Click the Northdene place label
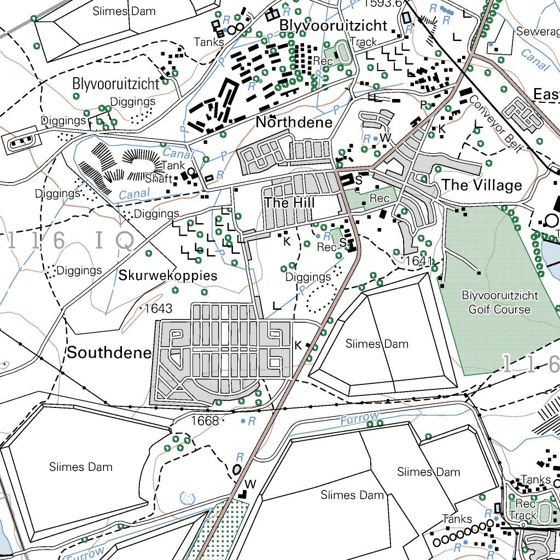point(294,122)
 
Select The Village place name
point(482,185)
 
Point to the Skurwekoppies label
point(168,276)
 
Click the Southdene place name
point(109,353)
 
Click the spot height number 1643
point(158,309)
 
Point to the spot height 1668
point(205,421)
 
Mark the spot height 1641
point(419,261)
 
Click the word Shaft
point(158,179)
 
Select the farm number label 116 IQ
point(71,241)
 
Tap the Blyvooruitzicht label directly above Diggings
point(116,84)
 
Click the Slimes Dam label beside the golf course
point(377,344)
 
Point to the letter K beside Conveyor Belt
point(442,129)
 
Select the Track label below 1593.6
point(363,42)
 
